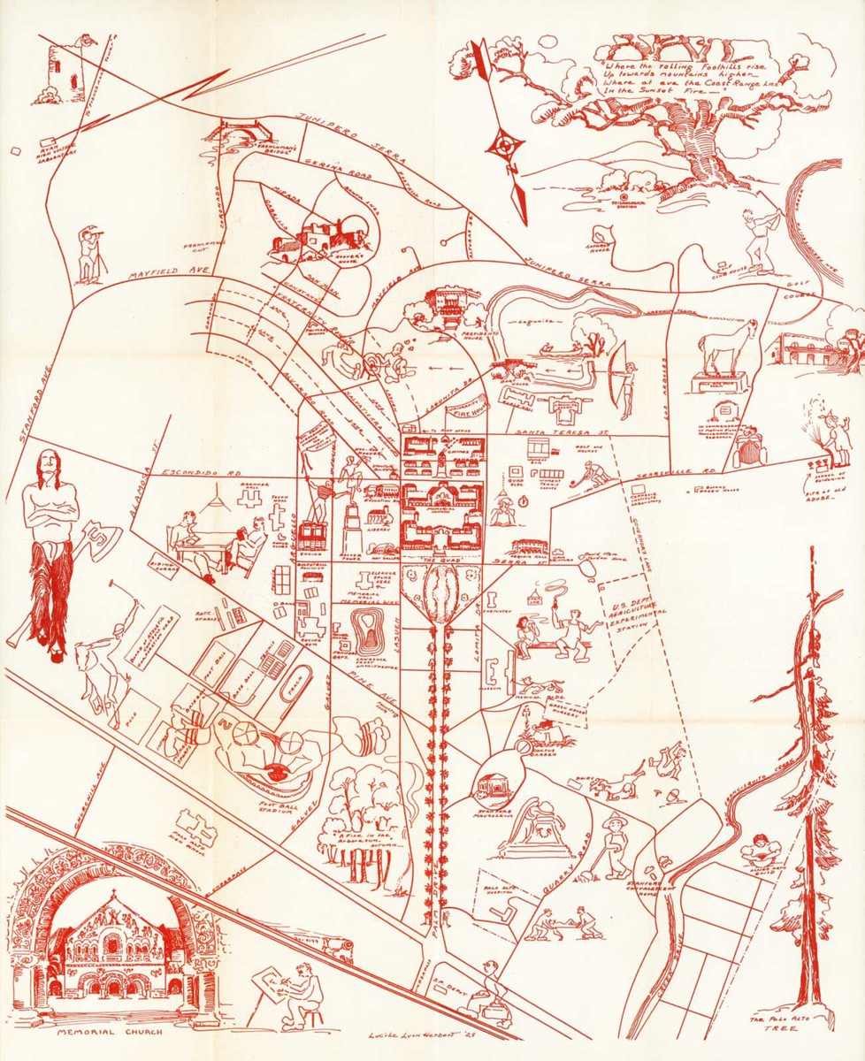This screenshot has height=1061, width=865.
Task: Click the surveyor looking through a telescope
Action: tap(89, 254)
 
